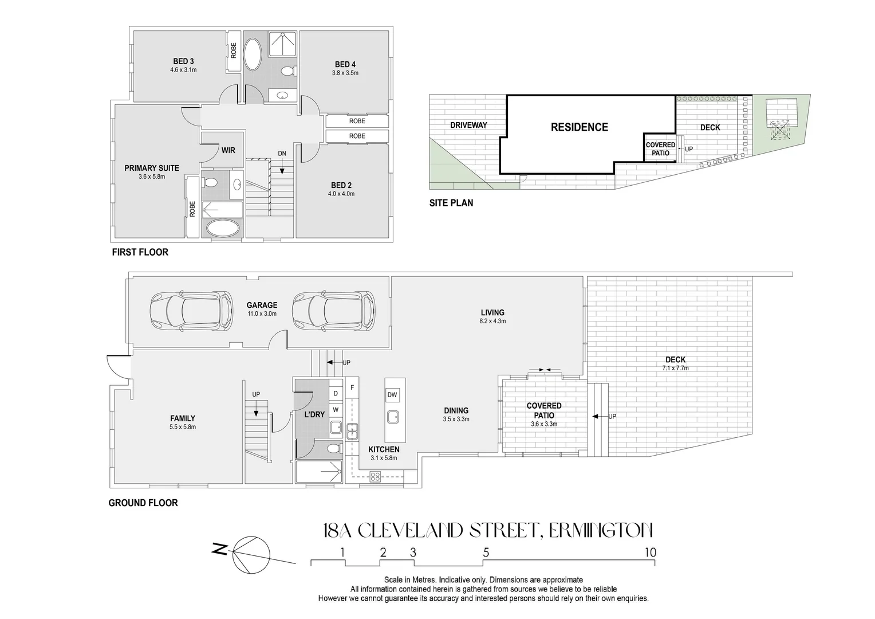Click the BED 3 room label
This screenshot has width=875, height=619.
point(183,61)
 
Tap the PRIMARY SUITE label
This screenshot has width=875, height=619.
point(152,168)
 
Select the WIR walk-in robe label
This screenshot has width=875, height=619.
point(228,151)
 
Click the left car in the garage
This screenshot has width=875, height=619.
point(191,311)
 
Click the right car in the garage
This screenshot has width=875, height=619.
point(334,311)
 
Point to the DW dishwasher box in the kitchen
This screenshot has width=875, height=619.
point(392,395)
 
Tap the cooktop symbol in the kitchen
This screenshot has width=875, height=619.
point(376,476)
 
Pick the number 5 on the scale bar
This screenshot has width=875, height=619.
point(486,553)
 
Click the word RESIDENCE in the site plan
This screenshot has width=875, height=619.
point(579,127)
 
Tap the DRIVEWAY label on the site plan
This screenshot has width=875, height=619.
point(468,125)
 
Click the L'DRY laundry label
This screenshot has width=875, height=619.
point(314,414)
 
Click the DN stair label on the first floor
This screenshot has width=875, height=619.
point(282,154)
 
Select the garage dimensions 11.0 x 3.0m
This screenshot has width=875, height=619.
point(262,314)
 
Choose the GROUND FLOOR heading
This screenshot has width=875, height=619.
point(143,503)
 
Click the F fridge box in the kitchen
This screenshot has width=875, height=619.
point(352,387)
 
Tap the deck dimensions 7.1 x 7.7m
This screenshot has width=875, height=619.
point(675,368)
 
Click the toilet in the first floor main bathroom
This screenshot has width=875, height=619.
point(289,71)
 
